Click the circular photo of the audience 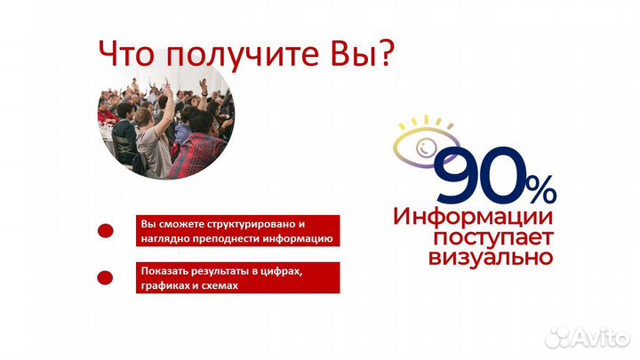click(x=165, y=121)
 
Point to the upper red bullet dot click(x=105, y=230)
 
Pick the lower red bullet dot click(x=105, y=278)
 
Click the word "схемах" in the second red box click(x=220, y=286)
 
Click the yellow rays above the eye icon click(x=426, y=123)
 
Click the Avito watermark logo click(x=588, y=335)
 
